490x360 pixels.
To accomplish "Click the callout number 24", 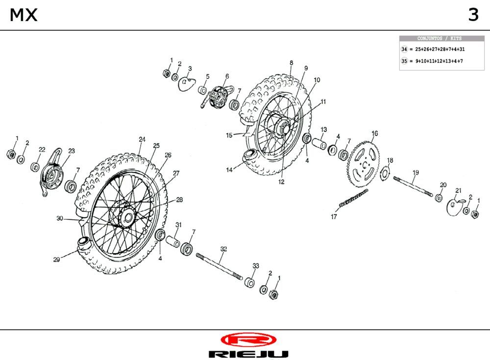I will pyautogui.click(x=142, y=139).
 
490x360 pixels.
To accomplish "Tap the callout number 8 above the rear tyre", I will pyautogui.click(x=291, y=63).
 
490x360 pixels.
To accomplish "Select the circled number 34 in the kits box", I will pyautogui.click(x=404, y=50).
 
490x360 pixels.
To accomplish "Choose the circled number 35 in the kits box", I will pyautogui.click(x=404, y=61).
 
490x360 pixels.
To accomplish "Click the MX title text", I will pyautogui.click(x=23, y=15).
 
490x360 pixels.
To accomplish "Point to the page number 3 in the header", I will pyautogui.click(x=473, y=15).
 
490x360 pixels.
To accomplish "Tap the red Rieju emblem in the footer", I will pyautogui.click(x=248, y=339).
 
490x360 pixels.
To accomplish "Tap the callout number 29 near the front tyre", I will pyautogui.click(x=56, y=260).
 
